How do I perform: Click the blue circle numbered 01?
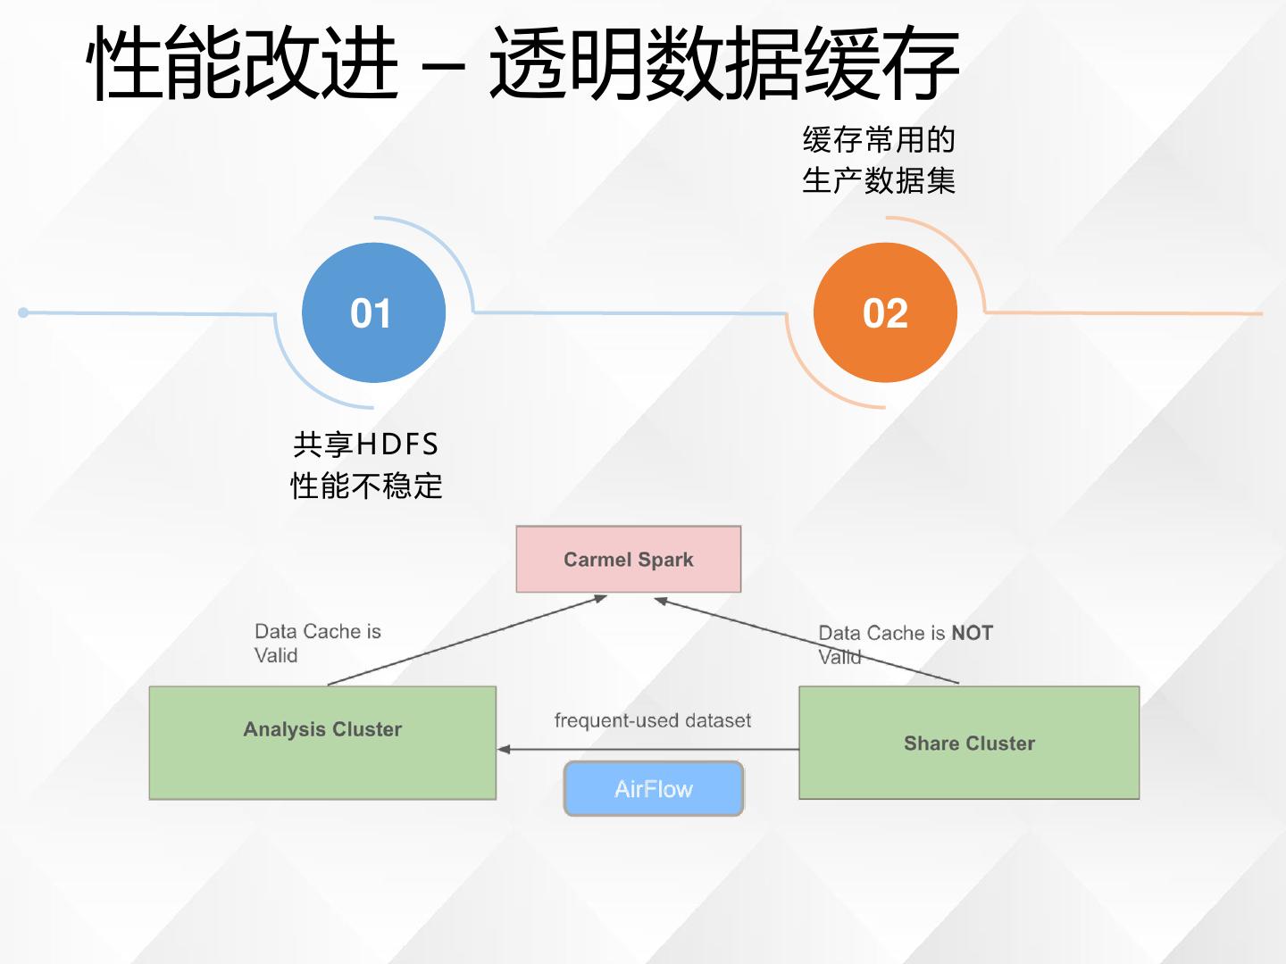[x=373, y=312]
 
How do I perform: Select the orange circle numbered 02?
[x=885, y=312]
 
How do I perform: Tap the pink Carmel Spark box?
[x=629, y=560]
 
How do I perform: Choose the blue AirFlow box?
[x=654, y=789]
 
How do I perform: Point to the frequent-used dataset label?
[x=653, y=720]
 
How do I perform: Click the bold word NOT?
[x=973, y=633]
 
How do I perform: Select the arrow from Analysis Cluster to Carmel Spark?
[x=464, y=641]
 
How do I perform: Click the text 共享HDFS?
[x=366, y=445]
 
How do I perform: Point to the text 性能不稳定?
[x=366, y=486]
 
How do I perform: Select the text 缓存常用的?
[x=879, y=140]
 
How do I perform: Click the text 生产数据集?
[x=879, y=181]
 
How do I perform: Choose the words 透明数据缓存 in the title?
[x=723, y=64]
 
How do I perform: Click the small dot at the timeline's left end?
[x=23, y=312]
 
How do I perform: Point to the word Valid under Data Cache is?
[x=276, y=655]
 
